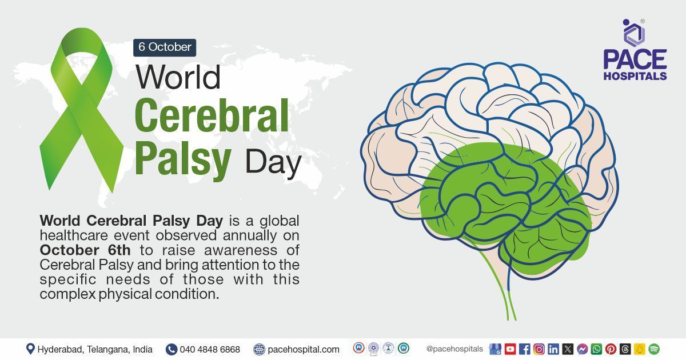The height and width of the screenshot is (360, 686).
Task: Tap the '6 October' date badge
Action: tap(165, 47)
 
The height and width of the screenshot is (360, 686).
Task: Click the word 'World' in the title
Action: tap(178, 77)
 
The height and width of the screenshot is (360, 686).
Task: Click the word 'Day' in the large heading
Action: tap(273, 162)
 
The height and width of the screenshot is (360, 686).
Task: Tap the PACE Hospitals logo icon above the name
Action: tap(633, 33)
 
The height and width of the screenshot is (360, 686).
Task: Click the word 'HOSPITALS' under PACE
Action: tap(635, 75)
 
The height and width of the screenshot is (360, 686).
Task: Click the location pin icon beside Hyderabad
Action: tap(30, 349)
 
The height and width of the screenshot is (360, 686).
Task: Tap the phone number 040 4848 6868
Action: tap(210, 349)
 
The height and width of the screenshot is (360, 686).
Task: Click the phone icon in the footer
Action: tap(171, 349)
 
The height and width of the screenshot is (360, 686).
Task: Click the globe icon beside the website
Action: tap(260, 349)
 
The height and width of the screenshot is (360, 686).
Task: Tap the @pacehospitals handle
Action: tap(454, 349)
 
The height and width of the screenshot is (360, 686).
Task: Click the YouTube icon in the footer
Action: tap(510, 349)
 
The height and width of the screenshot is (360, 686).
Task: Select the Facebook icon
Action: tap(524, 349)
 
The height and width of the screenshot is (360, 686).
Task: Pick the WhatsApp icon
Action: tap(596, 349)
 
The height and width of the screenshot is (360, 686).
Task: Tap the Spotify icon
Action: tap(654, 349)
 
